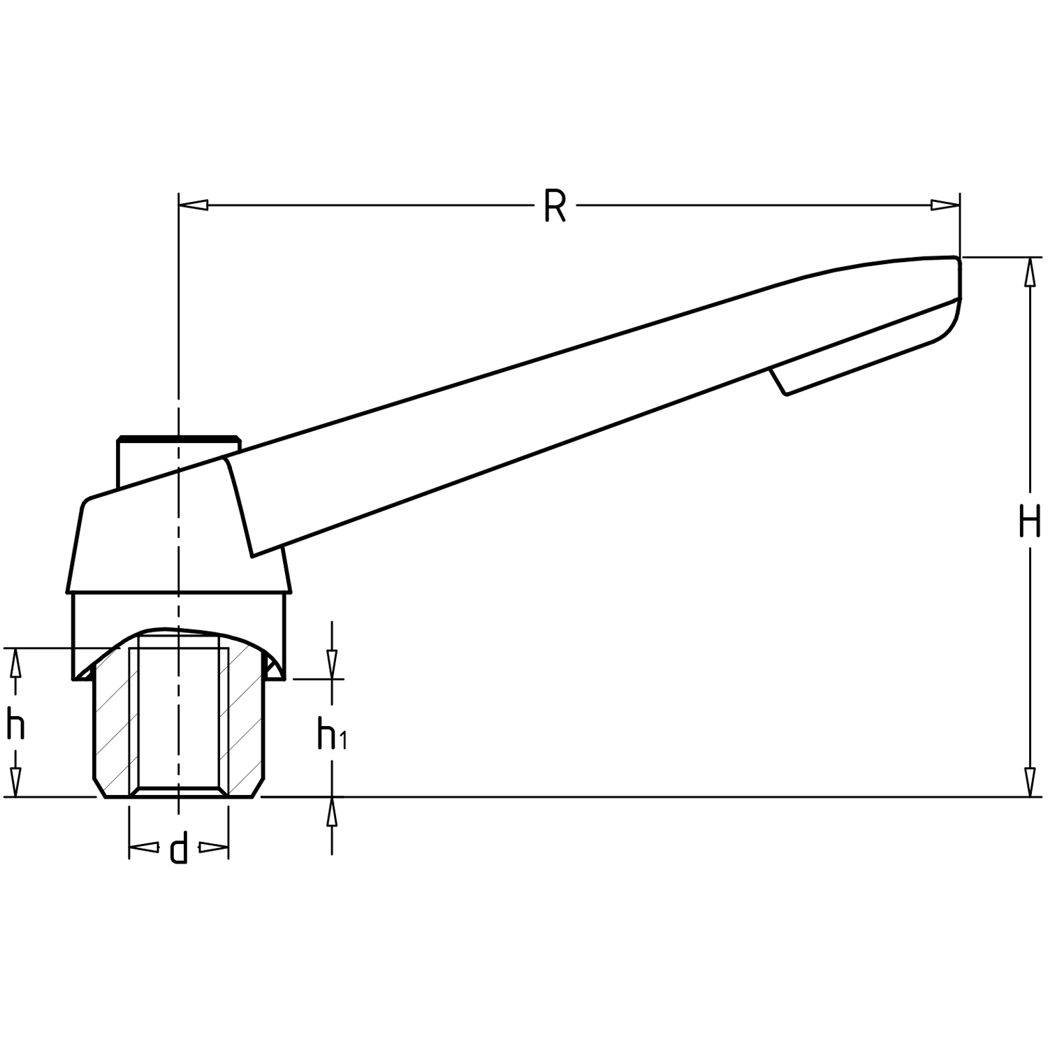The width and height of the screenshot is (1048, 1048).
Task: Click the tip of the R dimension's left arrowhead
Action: [x=180, y=205]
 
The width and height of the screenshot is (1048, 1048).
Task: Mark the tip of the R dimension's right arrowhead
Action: [x=959, y=205]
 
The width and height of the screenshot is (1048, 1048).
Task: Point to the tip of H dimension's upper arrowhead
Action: [x=1029, y=258]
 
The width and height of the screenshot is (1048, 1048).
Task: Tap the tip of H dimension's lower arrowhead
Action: [x=1029, y=796]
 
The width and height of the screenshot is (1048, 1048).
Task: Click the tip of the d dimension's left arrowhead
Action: [x=130, y=848]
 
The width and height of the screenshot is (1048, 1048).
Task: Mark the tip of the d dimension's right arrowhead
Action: [x=228, y=848]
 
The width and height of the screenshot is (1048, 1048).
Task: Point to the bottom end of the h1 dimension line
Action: [x=332, y=854]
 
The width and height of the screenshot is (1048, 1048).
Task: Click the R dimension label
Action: [x=554, y=207]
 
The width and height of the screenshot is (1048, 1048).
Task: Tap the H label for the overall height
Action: [x=1029, y=521]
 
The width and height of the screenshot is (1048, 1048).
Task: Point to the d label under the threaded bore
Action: [x=179, y=848]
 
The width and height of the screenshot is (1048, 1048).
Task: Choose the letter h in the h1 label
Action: [x=326, y=734]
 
